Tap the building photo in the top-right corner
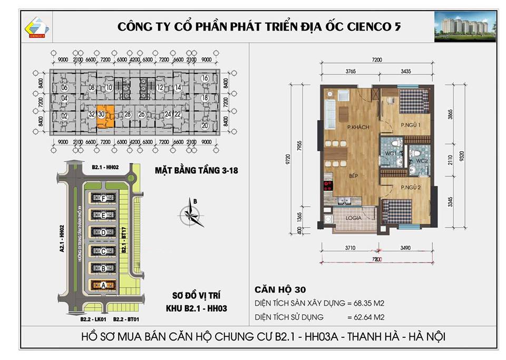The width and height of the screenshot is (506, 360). pyautogui.click(x=465, y=26)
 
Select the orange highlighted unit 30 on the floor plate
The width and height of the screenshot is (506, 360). pyautogui.click(x=104, y=117)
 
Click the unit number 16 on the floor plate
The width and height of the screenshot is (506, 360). pyautogui.click(x=205, y=79)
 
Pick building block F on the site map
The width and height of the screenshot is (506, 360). pyautogui.click(x=103, y=198)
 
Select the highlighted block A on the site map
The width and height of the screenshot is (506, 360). pyautogui.click(x=103, y=285)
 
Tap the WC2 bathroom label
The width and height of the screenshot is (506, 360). pyautogui.click(x=421, y=160)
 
